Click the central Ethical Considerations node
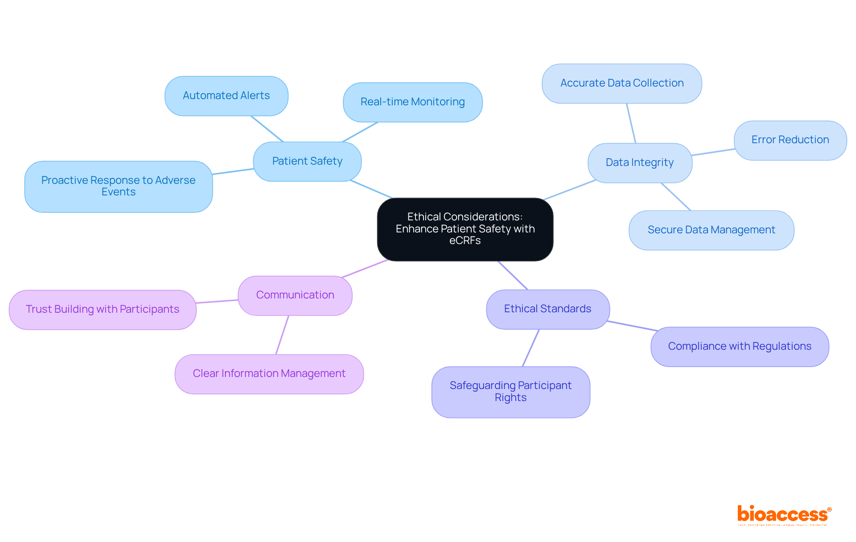[465, 229]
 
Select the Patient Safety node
[307, 161]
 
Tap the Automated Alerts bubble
[226, 96]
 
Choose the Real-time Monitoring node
[412, 102]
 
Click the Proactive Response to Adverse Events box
[118, 186]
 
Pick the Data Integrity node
[640, 163]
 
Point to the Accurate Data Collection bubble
[621, 83]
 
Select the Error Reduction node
[790, 140]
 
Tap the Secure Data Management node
[711, 230]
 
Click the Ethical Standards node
[547, 309]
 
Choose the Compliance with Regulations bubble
[740, 347]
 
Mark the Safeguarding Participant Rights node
[510, 392]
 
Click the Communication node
[295, 295]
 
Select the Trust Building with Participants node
[103, 310]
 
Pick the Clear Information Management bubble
[269, 374]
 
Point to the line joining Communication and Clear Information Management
[282, 335]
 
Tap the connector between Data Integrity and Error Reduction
[713, 152]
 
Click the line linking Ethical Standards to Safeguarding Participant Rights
[531, 348]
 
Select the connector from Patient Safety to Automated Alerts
[267, 129]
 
